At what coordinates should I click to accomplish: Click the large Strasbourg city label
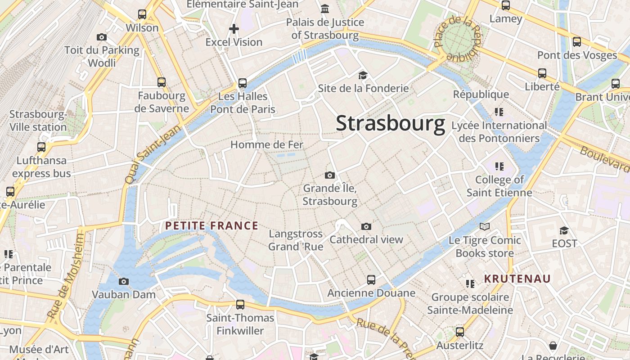pyautogui.click(x=390, y=123)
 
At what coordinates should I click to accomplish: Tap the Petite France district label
pyautogui.click(x=211, y=225)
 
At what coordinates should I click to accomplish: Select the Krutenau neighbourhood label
pyautogui.click(x=517, y=279)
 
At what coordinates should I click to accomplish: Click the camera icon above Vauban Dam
pyautogui.click(x=123, y=282)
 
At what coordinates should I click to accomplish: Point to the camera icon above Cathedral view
pyautogui.click(x=366, y=226)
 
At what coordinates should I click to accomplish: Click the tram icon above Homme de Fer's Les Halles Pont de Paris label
pyautogui.click(x=243, y=83)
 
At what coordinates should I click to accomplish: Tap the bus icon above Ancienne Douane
pyautogui.click(x=371, y=280)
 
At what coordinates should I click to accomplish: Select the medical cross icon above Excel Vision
pyautogui.click(x=234, y=29)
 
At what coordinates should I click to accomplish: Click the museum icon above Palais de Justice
pyautogui.click(x=325, y=9)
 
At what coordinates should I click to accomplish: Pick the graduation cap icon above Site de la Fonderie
pyautogui.click(x=363, y=75)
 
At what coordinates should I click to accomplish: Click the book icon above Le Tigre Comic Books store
pyautogui.click(x=484, y=227)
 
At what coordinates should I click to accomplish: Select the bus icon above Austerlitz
pyautogui.click(x=459, y=332)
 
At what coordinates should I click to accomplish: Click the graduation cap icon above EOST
pyautogui.click(x=564, y=230)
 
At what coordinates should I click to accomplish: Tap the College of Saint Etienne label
pyautogui.click(x=499, y=186)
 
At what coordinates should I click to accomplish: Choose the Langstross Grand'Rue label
pyautogui.click(x=296, y=240)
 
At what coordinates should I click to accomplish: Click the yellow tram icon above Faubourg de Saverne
pyautogui.click(x=162, y=82)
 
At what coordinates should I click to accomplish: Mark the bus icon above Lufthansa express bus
pyautogui.click(x=41, y=147)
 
